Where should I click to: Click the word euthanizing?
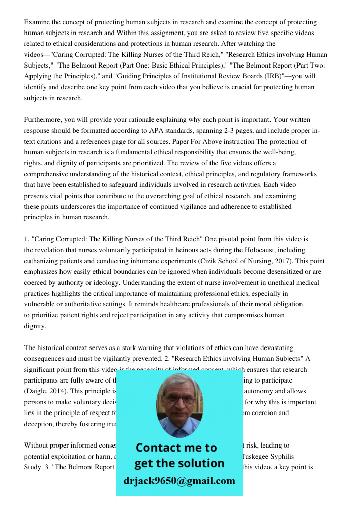(44, 261)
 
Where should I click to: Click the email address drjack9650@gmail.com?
(179, 480)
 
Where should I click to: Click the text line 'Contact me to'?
(176, 448)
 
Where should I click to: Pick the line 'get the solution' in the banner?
(179, 463)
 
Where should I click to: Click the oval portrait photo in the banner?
(179, 405)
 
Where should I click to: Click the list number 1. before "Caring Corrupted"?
(27, 239)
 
